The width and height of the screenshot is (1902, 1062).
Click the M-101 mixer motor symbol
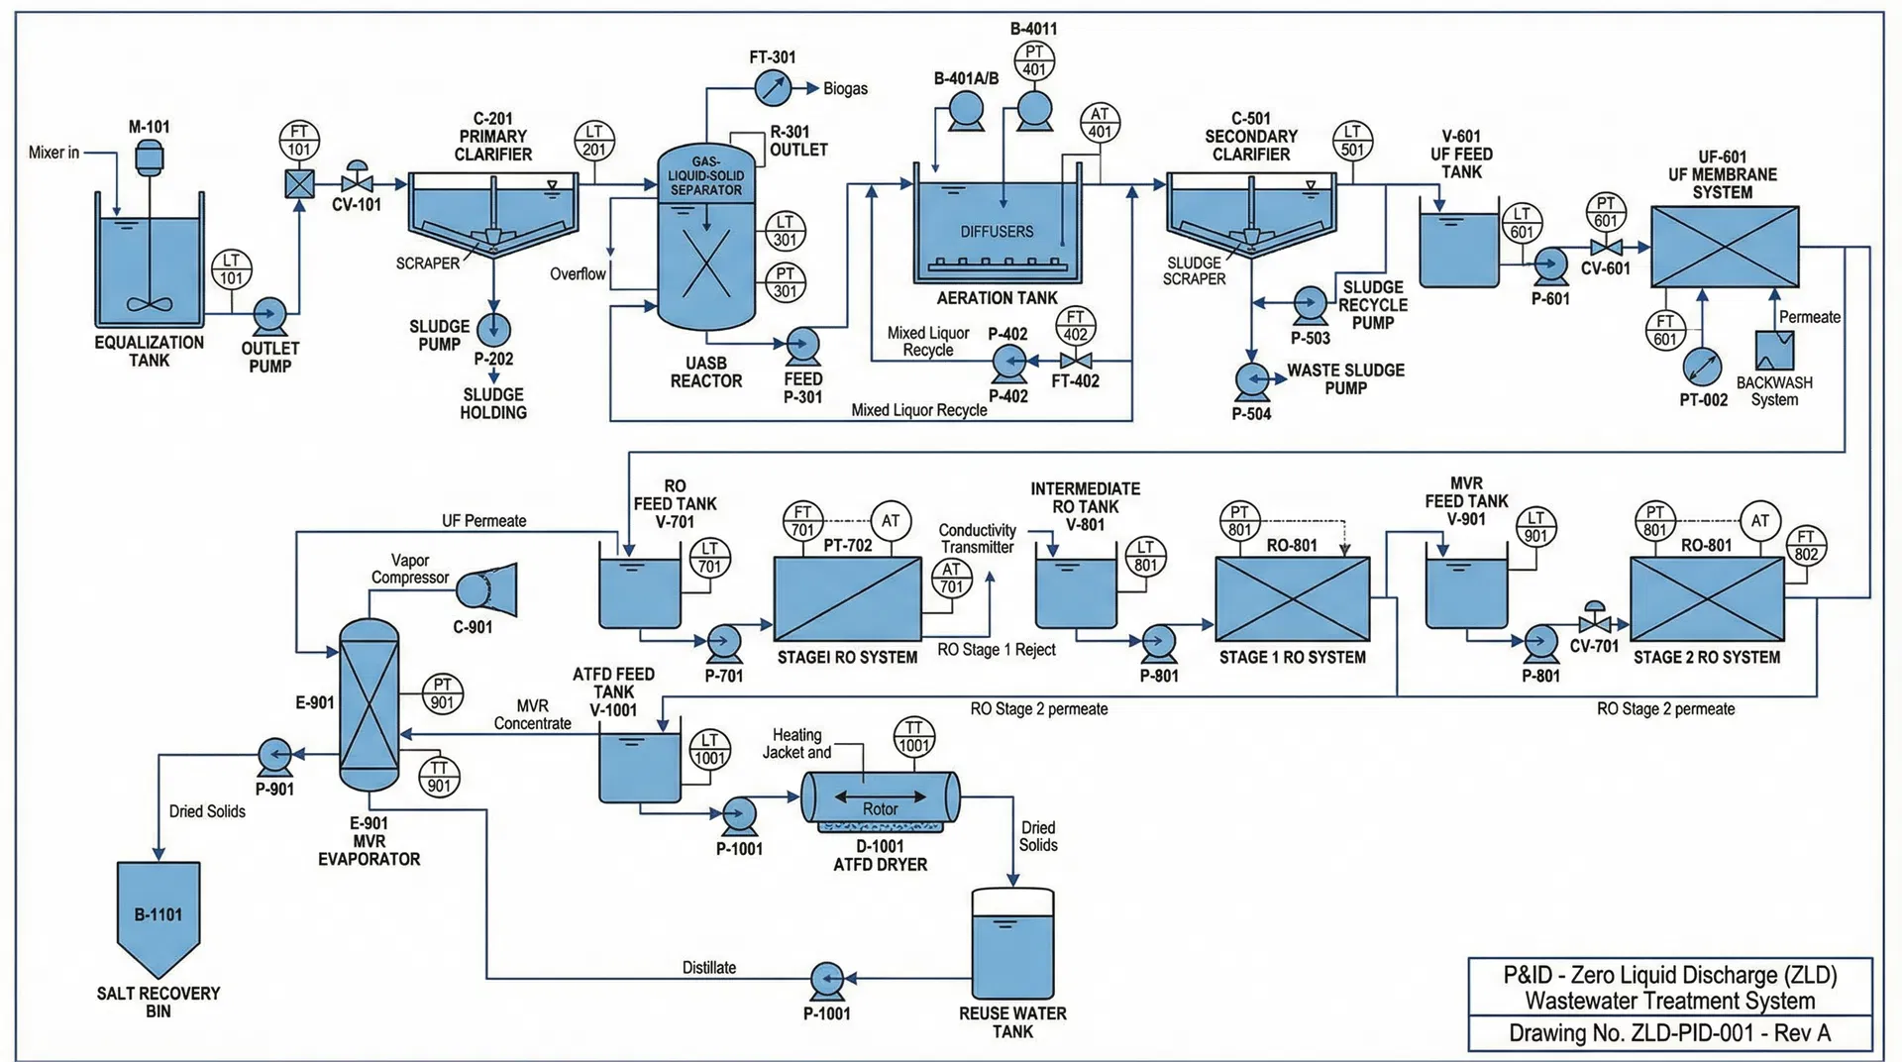(x=149, y=157)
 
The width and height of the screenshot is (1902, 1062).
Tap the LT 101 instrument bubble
(x=232, y=269)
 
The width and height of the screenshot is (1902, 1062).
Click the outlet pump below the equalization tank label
(x=268, y=315)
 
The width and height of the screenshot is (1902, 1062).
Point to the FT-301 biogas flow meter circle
(x=773, y=88)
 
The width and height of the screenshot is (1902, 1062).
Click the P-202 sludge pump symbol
(x=493, y=329)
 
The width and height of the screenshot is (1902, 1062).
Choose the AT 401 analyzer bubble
(x=1100, y=123)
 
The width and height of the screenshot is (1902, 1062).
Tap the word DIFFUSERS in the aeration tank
(x=996, y=232)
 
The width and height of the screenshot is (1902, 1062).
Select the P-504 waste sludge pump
(x=1252, y=380)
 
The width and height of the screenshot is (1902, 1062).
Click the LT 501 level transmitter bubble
(x=1352, y=141)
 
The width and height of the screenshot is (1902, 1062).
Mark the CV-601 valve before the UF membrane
(x=1605, y=247)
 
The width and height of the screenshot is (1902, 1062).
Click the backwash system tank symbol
(x=1774, y=351)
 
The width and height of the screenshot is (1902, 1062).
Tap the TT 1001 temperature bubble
(x=913, y=737)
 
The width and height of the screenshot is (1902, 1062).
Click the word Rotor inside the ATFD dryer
(x=880, y=808)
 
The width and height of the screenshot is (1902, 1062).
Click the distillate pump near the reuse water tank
(x=827, y=980)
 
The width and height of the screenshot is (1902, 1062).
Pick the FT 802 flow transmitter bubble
(x=1806, y=546)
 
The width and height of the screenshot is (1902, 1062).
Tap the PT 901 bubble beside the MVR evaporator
(x=442, y=693)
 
